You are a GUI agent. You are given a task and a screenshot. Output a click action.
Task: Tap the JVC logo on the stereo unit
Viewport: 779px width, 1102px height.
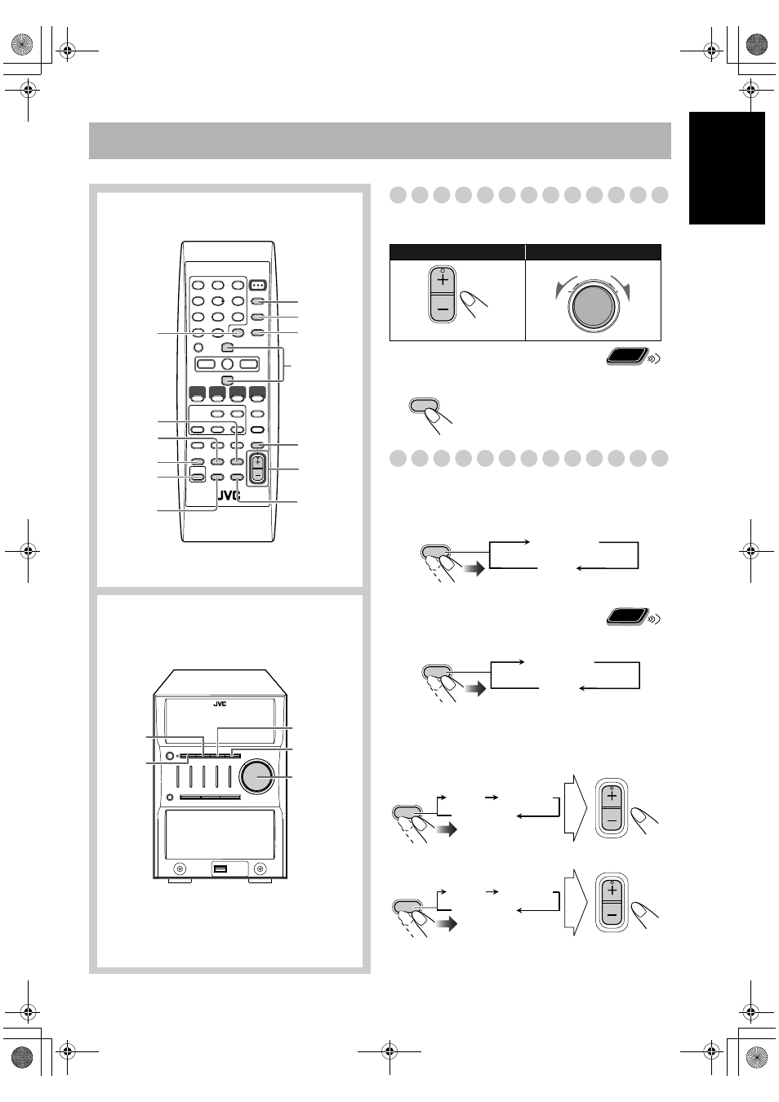(220, 704)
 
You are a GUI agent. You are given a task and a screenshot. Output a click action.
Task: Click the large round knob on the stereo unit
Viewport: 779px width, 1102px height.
(257, 776)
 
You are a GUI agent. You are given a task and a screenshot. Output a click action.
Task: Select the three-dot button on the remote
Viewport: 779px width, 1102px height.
(257, 285)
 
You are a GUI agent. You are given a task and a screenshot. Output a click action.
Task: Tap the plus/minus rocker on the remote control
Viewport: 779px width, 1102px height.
(257, 469)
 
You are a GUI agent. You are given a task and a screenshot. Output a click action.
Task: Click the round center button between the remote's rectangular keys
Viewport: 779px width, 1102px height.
(227, 364)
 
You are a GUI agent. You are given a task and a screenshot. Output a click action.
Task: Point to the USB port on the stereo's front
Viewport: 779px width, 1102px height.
(220, 869)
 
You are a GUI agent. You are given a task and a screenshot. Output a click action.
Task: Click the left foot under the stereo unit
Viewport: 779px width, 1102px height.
(180, 881)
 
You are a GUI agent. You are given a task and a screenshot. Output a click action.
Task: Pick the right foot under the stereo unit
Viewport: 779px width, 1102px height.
(260, 881)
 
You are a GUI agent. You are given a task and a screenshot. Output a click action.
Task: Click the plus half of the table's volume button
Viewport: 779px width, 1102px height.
(443, 280)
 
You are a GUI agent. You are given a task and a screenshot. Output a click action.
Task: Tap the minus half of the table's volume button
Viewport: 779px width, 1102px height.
(443, 309)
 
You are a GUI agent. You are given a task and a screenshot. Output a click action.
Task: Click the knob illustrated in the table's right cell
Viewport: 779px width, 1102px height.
(594, 305)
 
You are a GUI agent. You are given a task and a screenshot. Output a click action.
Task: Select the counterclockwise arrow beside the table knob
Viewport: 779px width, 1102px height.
(565, 287)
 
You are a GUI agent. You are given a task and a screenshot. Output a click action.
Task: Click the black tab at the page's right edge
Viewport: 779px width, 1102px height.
(727, 168)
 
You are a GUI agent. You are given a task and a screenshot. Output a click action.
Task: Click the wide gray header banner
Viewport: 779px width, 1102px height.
(380, 140)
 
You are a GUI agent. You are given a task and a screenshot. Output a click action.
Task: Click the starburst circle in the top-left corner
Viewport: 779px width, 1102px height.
(22, 44)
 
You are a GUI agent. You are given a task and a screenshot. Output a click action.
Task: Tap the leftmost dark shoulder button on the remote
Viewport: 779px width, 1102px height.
(197, 394)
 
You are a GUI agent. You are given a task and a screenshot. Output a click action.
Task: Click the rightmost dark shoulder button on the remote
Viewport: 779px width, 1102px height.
(257, 394)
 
